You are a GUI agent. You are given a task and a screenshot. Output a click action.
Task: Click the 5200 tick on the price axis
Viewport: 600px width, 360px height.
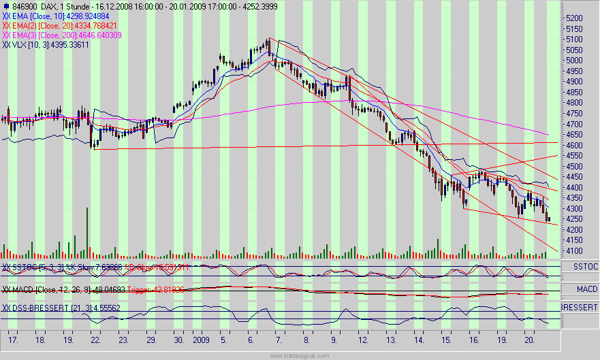[x=575, y=18]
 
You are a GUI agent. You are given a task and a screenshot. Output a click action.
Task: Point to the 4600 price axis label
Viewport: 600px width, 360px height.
[x=575, y=146]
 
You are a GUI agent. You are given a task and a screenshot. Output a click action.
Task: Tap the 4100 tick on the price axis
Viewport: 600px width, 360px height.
[x=575, y=251]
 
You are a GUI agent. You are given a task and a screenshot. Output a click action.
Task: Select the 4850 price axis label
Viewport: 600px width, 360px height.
[x=575, y=93]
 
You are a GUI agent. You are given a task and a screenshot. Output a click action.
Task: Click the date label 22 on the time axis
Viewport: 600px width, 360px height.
[x=95, y=338]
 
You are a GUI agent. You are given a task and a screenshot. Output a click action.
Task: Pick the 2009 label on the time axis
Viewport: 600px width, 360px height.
[x=201, y=338]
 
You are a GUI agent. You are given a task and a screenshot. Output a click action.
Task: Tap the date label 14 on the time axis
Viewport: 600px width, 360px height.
[x=418, y=338]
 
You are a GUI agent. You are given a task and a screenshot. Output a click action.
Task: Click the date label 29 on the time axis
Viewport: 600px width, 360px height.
[x=151, y=338]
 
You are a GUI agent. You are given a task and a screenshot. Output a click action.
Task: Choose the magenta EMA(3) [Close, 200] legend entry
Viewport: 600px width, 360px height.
[x=65, y=35]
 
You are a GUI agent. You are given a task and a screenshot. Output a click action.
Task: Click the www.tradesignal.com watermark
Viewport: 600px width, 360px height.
[x=300, y=356]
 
